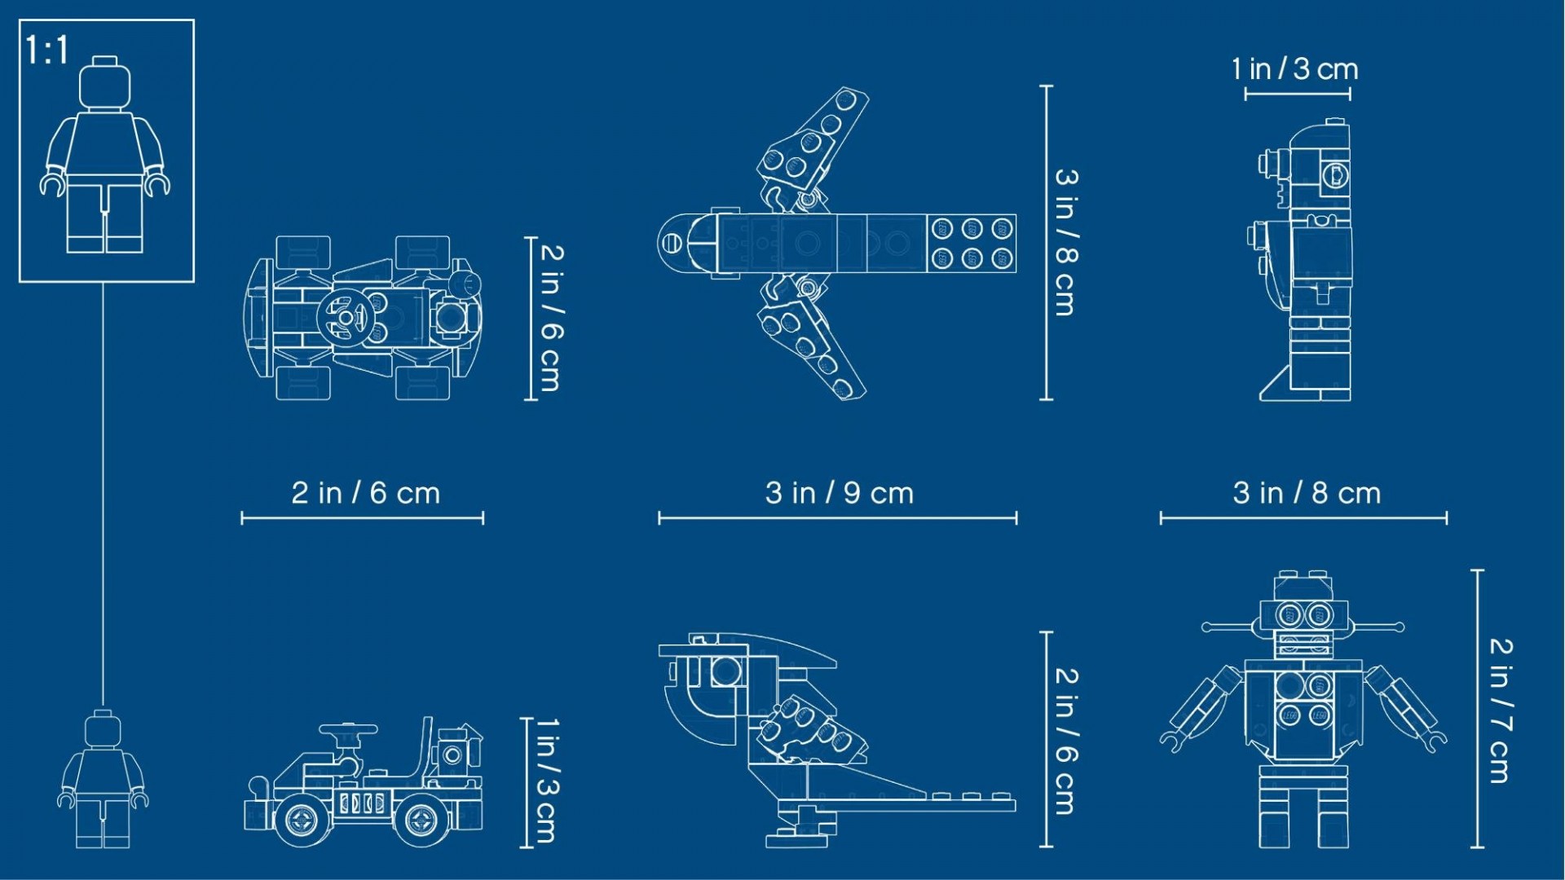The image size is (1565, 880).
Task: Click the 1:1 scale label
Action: coord(47,51)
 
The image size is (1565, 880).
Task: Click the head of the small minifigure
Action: coord(103,729)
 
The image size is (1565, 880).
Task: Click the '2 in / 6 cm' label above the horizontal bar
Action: coord(366,493)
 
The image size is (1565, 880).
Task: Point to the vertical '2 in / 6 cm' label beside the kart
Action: coord(551,318)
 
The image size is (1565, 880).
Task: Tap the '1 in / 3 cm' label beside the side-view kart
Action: coord(546,781)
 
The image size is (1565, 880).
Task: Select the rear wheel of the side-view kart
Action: coord(421,820)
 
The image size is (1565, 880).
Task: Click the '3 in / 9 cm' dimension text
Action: coord(840,493)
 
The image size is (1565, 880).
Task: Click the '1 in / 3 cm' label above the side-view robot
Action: coord(1295,69)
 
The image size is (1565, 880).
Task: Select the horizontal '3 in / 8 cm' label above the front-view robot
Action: coord(1307,493)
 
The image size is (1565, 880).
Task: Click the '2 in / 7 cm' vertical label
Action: coord(1501,711)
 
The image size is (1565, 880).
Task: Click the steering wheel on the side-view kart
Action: coord(348,730)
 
